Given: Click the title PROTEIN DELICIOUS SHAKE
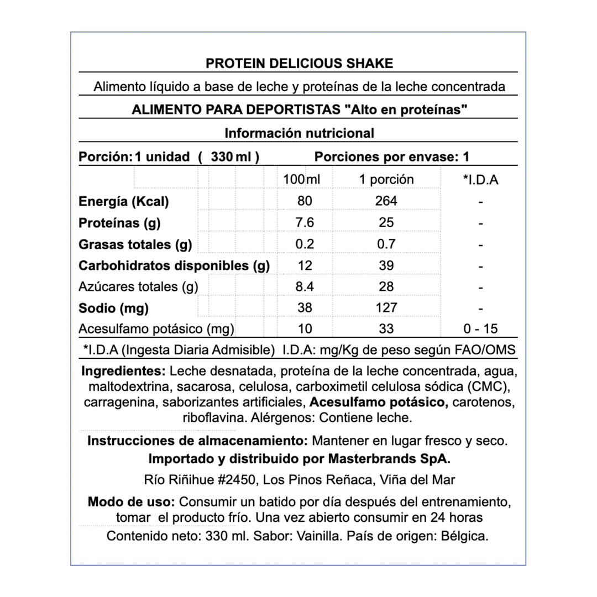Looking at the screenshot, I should (299, 63).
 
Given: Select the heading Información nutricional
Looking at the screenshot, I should (299, 133).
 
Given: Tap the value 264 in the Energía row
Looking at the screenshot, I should (386, 201).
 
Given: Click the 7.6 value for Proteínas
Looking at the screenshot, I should (305, 223).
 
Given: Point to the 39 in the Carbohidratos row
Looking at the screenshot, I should (386, 265).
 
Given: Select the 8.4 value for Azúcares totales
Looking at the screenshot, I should (305, 286).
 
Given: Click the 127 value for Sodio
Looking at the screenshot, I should (386, 308).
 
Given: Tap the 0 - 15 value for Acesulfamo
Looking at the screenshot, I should (480, 329).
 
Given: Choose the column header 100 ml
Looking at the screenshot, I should (301, 180).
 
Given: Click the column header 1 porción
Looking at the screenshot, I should (386, 180).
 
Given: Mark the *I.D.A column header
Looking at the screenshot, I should (480, 180).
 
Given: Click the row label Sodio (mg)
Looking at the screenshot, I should (113, 308).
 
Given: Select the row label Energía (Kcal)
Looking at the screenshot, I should (124, 201).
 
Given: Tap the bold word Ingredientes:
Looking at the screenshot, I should (123, 370).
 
